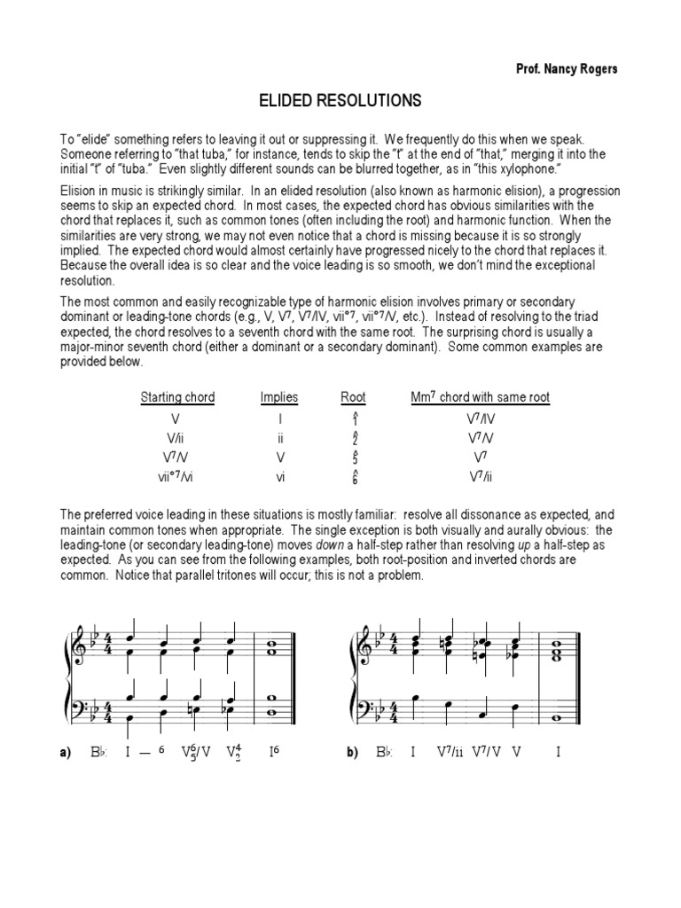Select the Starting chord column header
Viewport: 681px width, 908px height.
(x=177, y=397)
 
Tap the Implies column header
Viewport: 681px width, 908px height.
(x=279, y=397)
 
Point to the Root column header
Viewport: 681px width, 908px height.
(x=353, y=397)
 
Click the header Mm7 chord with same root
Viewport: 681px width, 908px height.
(x=480, y=397)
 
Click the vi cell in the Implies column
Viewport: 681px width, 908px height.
(x=279, y=475)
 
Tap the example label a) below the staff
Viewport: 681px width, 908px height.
(x=65, y=754)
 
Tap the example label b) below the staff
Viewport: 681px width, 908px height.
(x=351, y=754)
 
